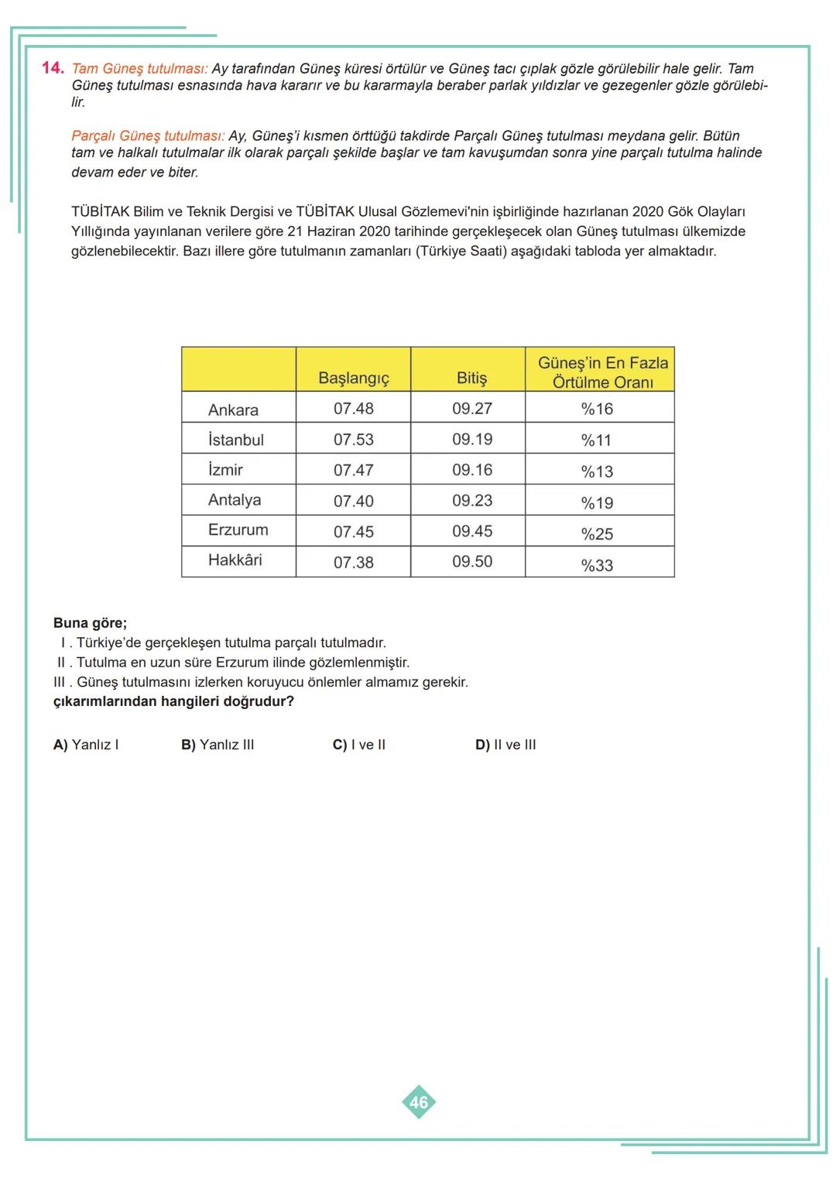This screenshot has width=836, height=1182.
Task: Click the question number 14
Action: click(53, 68)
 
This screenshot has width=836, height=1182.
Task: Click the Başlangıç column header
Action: click(354, 378)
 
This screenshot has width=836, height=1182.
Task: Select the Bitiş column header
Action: click(471, 378)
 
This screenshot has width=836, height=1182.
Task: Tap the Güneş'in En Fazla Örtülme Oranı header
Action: click(602, 372)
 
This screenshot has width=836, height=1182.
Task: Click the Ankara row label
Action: click(233, 409)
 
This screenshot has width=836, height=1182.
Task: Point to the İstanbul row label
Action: click(235, 440)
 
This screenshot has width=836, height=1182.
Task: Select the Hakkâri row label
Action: click(235, 560)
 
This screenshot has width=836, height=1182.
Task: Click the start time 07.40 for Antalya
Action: click(353, 501)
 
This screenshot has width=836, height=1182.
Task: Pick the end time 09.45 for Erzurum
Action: click(471, 531)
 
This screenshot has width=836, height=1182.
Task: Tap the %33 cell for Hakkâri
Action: click(597, 565)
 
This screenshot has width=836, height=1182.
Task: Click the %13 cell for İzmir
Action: click(597, 471)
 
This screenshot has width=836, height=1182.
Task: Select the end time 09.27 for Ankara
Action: click(471, 408)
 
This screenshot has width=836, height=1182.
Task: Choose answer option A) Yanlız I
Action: click(86, 745)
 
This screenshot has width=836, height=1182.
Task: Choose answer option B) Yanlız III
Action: click(218, 745)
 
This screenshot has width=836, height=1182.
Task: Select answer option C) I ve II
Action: click(359, 745)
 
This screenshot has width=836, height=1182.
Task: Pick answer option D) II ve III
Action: click(505, 745)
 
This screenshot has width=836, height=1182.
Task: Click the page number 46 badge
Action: click(419, 1102)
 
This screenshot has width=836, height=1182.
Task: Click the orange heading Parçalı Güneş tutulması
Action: click(148, 135)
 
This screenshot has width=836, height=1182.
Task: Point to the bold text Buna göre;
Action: click(90, 622)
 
